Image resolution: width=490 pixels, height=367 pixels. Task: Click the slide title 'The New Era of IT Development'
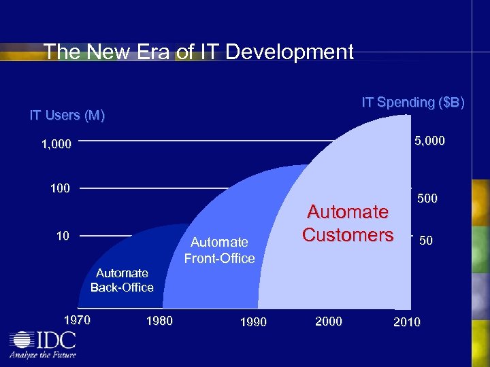[x=198, y=52]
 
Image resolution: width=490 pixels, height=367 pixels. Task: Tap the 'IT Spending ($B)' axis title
[x=413, y=103]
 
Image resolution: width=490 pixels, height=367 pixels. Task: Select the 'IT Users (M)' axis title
[x=67, y=116]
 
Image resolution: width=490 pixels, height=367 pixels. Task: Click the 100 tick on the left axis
[x=60, y=188]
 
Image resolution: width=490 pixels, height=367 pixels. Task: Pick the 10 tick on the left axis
[x=63, y=235]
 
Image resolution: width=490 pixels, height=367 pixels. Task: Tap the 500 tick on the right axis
[x=427, y=198]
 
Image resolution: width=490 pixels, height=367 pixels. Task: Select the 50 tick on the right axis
[x=427, y=241]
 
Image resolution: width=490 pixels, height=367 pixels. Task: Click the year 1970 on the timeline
[x=76, y=319]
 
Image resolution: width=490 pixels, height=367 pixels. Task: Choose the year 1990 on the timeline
[x=253, y=321]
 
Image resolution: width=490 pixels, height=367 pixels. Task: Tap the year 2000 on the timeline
[x=329, y=321]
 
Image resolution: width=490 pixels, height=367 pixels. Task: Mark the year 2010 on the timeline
[x=407, y=321]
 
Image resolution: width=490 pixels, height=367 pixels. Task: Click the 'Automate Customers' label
[x=348, y=223]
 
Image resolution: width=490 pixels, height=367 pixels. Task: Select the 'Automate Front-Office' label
[x=219, y=250]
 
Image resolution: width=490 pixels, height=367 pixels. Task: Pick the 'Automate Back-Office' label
[x=122, y=280]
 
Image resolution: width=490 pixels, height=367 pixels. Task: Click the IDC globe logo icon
[x=23, y=340]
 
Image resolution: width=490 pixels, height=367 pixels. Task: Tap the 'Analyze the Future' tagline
[x=42, y=355]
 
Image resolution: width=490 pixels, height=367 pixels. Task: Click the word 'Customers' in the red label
[x=348, y=234]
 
